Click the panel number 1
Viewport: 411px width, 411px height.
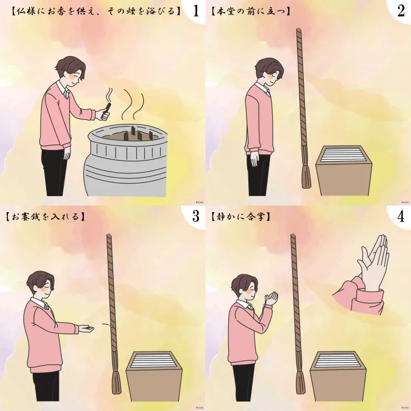[196, 11]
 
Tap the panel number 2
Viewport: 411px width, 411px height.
[401, 11]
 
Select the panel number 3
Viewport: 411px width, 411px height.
[196, 217]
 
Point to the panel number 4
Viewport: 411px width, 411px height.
[401, 217]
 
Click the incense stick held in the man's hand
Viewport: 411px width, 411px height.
[108, 108]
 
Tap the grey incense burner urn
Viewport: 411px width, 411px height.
[126, 161]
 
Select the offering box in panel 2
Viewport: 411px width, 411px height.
[344, 171]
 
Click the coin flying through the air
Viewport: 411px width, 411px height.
[111, 327]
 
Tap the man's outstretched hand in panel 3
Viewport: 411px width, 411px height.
[87, 329]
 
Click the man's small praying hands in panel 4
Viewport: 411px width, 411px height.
[271, 298]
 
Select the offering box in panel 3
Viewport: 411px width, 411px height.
[154, 376]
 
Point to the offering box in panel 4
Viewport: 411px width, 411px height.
[338, 376]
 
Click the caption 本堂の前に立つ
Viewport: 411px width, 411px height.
[250, 11]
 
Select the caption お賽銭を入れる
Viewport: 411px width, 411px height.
[45, 217]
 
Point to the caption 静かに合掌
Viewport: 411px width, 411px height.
[240, 217]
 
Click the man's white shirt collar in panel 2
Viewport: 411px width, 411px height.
[263, 89]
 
